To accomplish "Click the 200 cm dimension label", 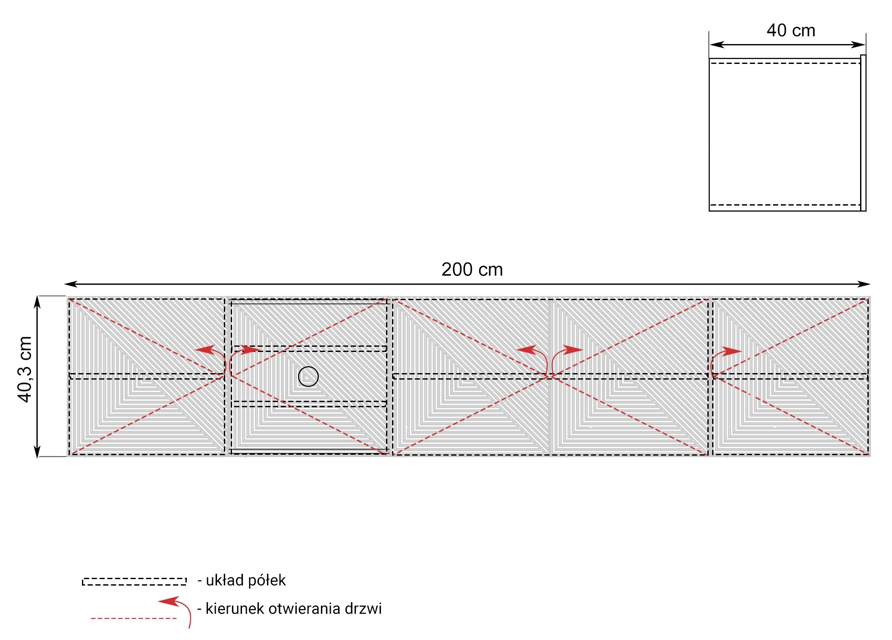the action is coord(472,269).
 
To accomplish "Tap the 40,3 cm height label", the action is coord(25,369).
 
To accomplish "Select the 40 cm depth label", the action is coord(791,30).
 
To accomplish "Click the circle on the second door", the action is coord(308,377).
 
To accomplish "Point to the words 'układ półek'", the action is coord(245,580).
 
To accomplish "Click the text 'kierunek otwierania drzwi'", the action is coord(293,608).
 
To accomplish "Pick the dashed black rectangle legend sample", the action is coord(134,581).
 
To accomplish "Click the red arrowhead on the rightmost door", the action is coord(732,351).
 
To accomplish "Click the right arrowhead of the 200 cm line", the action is coord(864,284).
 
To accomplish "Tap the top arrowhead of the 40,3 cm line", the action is coord(37,302).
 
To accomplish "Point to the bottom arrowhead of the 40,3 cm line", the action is coord(37,450).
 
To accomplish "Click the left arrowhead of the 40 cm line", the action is coord(716,44).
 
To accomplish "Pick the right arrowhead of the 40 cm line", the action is coord(858,44).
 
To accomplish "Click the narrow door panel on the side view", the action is coord(863,133).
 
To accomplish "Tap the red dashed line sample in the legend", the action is coord(134,618).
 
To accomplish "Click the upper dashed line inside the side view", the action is coord(785,63).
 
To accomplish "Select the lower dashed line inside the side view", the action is coord(785,205).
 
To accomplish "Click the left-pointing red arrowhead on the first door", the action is coord(205,349).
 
